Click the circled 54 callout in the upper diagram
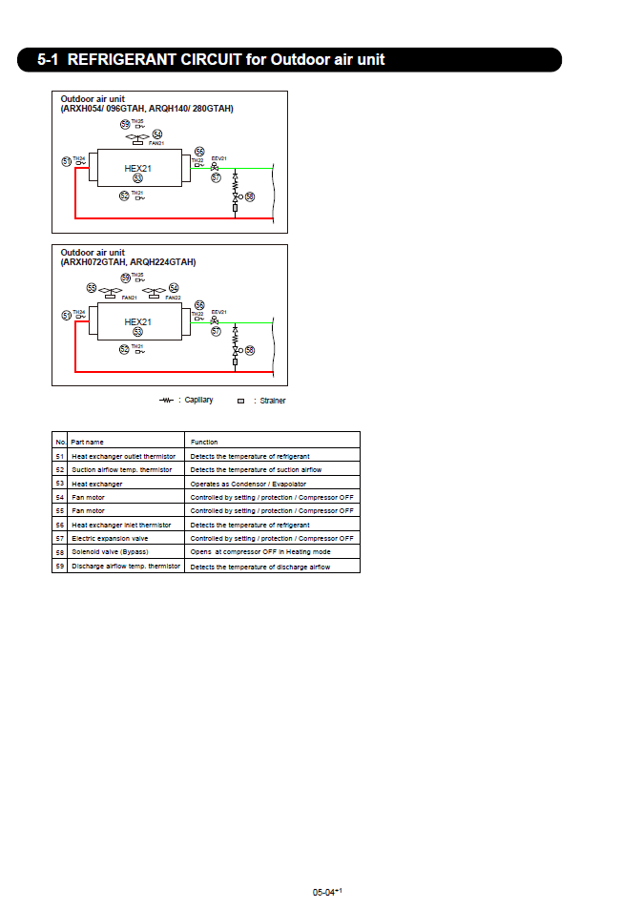point(157,134)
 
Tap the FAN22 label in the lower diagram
point(173,298)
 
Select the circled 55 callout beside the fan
point(92,288)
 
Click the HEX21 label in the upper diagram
point(138,169)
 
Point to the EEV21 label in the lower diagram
point(218,312)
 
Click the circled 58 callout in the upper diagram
point(250,196)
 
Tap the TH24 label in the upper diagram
point(79,158)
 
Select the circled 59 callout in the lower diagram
point(125,278)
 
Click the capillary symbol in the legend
point(166,400)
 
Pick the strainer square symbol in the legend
point(241,401)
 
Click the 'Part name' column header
point(88,442)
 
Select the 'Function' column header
point(204,442)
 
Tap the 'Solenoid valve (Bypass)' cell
point(111,552)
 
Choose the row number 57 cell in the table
point(60,539)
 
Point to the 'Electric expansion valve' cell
point(111,539)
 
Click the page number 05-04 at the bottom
point(324,892)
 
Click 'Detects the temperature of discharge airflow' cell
point(259,567)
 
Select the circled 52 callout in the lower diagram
point(124,350)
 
